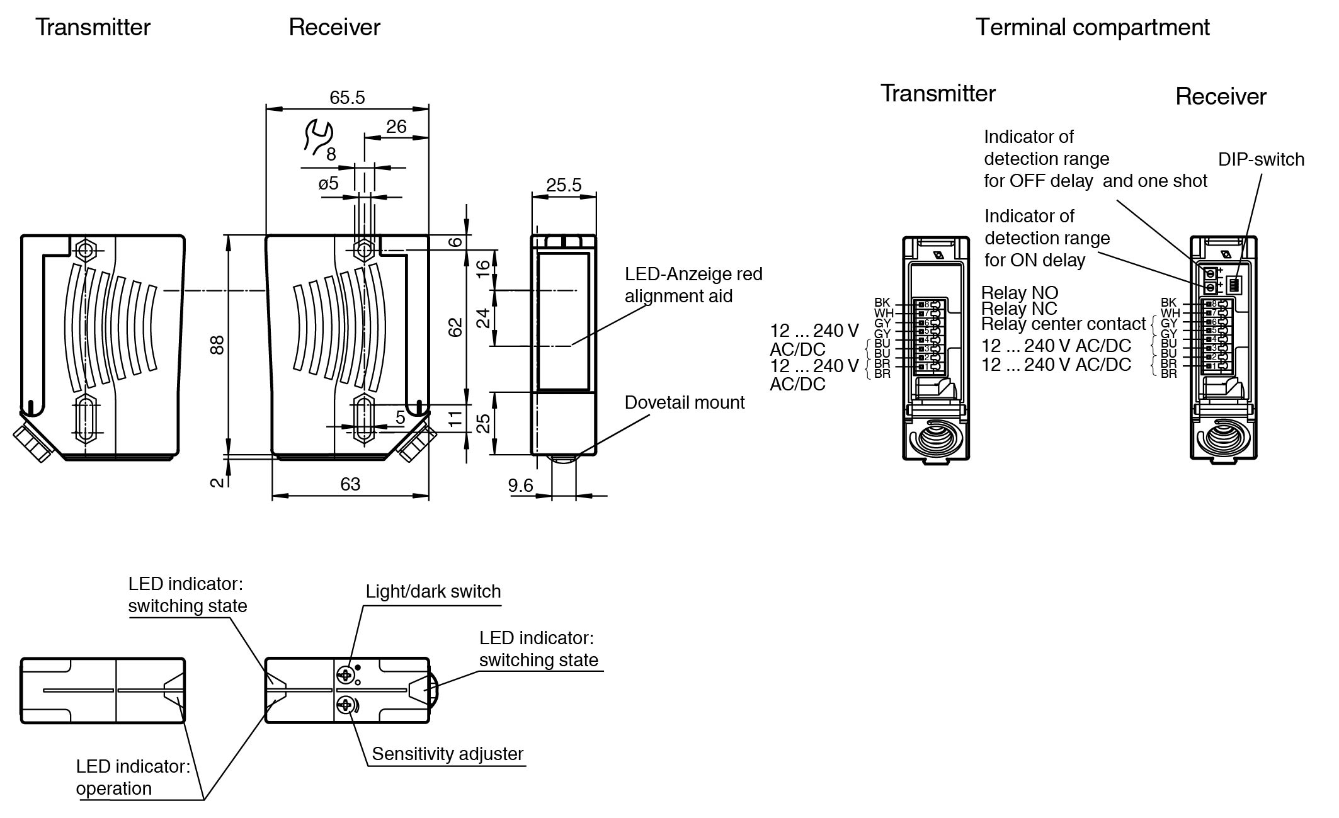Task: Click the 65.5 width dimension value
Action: point(347,98)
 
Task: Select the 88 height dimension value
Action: point(217,344)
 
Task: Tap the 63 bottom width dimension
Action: point(350,484)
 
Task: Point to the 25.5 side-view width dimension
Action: point(564,185)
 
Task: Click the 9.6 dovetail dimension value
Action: point(521,486)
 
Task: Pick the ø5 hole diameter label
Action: point(328,183)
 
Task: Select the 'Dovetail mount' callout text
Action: point(685,402)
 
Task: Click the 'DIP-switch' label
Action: point(1261,159)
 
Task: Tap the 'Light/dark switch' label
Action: point(433,591)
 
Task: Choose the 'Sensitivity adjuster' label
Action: point(447,754)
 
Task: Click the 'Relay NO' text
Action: point(1020,293)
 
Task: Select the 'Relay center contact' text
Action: point(1064,324)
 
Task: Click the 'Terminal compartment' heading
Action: point(1092,28)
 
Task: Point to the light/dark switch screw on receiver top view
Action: point(345,675)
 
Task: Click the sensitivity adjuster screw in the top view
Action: point(345,705)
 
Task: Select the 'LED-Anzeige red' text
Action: point(693,274)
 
